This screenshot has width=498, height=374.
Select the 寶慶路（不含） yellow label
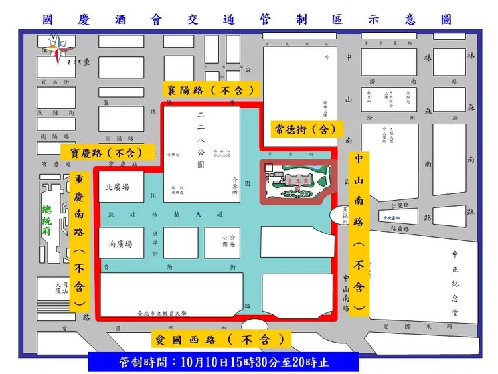106,152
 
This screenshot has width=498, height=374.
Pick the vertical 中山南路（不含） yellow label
359,232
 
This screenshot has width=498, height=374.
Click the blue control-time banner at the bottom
223,363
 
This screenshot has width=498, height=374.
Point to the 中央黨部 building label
393,217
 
